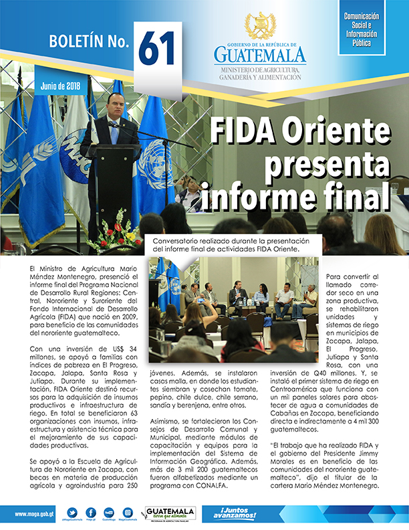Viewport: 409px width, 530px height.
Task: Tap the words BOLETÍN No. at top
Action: coord(88,42)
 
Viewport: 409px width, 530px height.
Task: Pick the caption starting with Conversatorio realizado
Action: coord(227,245)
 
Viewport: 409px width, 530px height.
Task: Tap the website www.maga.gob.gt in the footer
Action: coord(31,514)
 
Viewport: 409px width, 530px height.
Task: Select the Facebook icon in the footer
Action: coord(91,513)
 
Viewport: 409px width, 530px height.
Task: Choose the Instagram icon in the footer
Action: coord(128,513)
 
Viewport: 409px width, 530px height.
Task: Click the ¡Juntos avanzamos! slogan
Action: coord(239,514)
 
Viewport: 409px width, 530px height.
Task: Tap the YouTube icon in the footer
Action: coord(110,513)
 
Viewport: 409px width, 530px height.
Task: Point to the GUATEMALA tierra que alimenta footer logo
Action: coord(170,513)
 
